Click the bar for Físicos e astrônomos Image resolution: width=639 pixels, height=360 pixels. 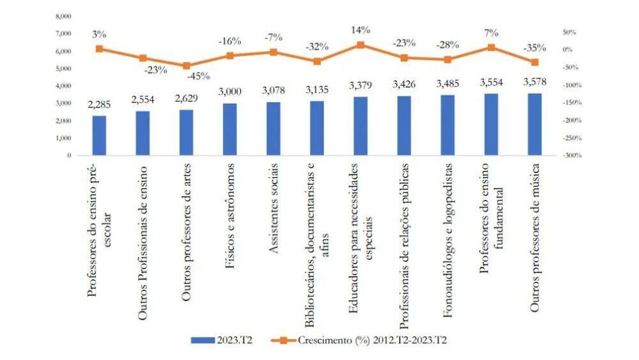coord(229,129)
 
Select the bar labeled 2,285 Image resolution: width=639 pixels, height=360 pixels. coord(99,136)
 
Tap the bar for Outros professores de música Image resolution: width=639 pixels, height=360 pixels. coord(534,124)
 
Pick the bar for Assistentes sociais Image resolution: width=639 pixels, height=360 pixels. coord(273,129)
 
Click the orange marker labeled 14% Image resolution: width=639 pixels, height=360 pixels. coord(360,45)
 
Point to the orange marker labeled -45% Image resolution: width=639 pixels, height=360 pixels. coord(186,65)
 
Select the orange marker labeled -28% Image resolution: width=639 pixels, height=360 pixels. coord(447,59)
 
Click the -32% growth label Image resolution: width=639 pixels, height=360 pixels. coord(316,46)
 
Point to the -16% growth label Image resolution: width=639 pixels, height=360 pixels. coord(229,41)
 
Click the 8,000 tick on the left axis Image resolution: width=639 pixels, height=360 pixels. coord(64,15)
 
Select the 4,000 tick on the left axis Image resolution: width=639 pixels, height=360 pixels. coord(64,86)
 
